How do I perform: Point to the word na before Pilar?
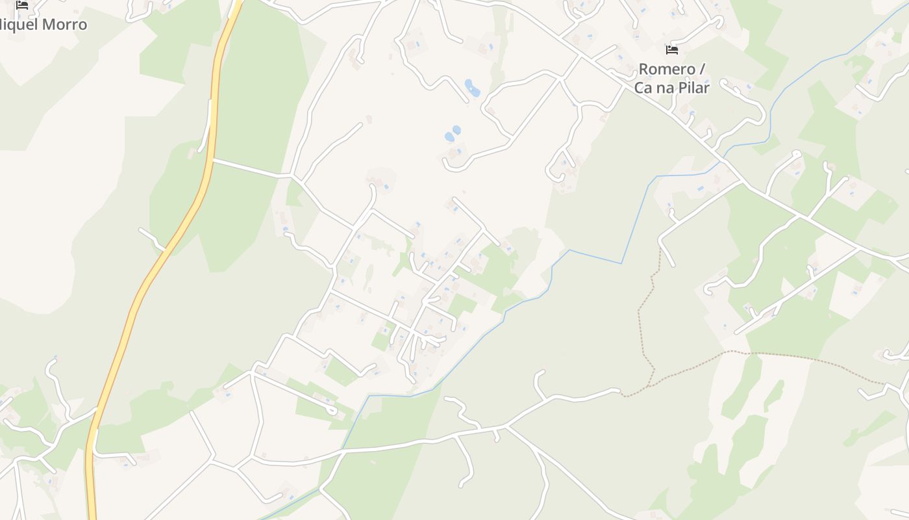pyautogui.click(x=666, y=87)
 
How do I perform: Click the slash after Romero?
pyautogui.click(x=702, y=69)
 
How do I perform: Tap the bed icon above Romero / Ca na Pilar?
pyautogui.click(x=672, y=50)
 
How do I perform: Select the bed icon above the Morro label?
pyautogui.click(x=22, y=5)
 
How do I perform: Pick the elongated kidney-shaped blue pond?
pyautogui.click(x=472, y=88)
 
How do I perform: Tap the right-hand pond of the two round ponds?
pyautogui.click(x=456, y=130)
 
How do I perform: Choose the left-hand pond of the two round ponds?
pyautogui.click(x=448, y=137)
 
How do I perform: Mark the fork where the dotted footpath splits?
pyautogui.click(x=652, y=383)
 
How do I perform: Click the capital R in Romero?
pyautogui.click(x=644, y=69)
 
